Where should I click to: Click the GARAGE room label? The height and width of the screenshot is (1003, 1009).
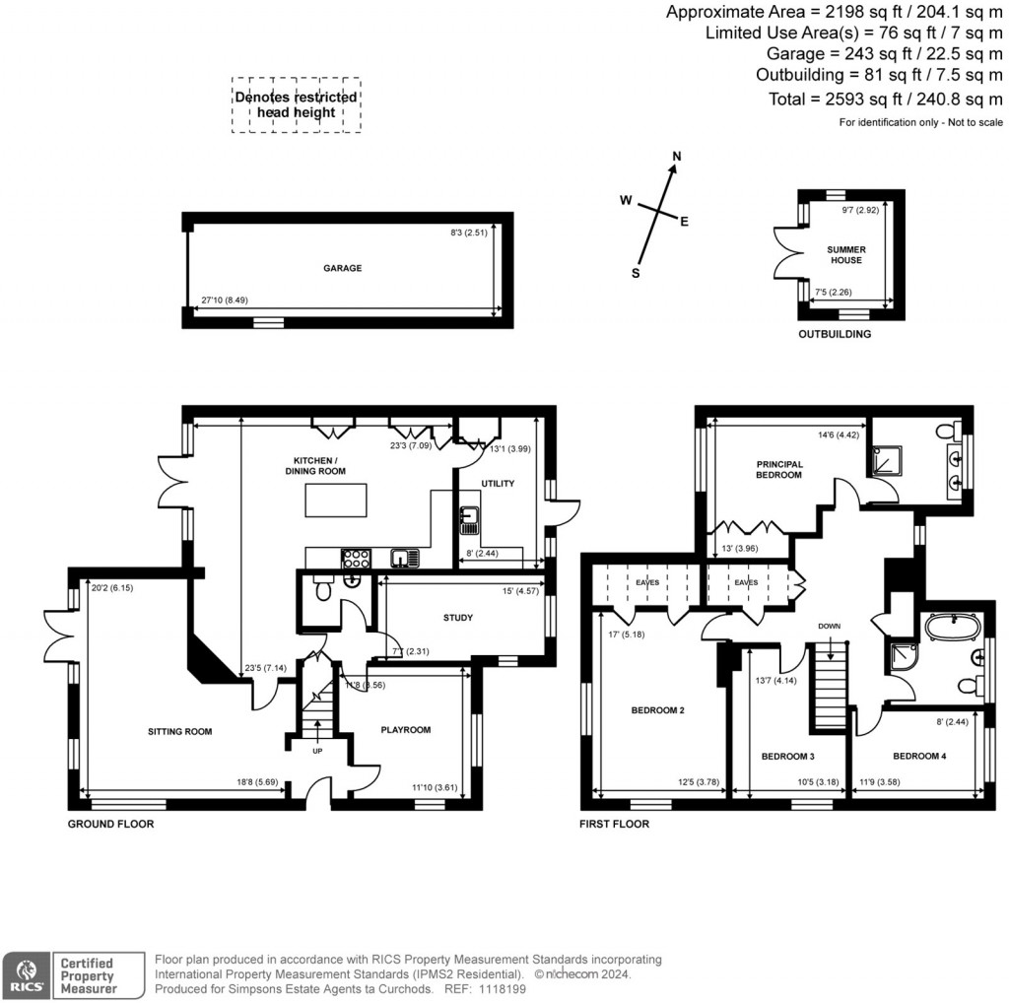click(x=343, y=268)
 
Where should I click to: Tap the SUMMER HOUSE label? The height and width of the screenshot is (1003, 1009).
click(x=845, y=255)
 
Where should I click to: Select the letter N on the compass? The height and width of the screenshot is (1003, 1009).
click(x=677, y=157)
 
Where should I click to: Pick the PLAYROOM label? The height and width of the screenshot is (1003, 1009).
click(x=406, y=730)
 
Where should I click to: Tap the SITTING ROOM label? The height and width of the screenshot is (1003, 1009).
click(x=180, y=732)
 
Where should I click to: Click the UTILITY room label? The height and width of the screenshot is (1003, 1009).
click(x=498, y=483)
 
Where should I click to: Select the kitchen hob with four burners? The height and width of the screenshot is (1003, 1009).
click(x=356, y=559)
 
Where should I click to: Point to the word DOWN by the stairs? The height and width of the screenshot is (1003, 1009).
click(x=830, y=626)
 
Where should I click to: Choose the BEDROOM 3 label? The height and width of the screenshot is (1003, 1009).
click(x=787, y=757)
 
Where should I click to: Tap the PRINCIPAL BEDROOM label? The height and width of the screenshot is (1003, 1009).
click(x=779, y=469)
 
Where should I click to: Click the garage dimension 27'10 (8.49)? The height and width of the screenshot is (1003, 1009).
click(x=225, y=301)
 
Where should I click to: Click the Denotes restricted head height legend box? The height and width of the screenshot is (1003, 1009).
click(x=296, y=105)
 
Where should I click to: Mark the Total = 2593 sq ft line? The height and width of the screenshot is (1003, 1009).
click(x=885, y=100)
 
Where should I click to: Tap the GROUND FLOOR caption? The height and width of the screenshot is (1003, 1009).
click(x=110, y=824)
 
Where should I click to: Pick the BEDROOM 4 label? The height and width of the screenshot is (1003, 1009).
click(x=918, y=757)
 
